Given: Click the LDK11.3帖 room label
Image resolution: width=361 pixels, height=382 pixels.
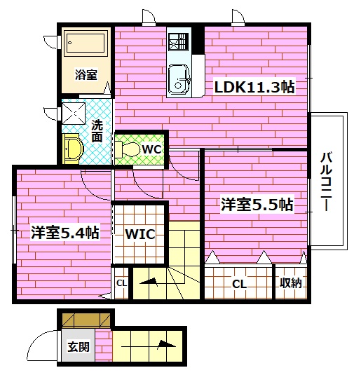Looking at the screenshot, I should click(254, 87).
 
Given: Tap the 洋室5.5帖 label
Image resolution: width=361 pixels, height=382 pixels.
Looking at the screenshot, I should click(257, 205).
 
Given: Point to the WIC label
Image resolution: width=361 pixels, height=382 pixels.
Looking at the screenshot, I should click(139, 233).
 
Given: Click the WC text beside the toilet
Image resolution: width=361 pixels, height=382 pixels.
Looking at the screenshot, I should click(151, 149).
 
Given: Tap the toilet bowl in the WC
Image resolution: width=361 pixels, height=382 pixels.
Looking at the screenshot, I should click(128, 149).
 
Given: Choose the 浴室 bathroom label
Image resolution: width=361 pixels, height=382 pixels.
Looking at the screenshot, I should click(86, 74).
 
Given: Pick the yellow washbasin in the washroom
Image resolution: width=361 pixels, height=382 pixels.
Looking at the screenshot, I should click(73, 149).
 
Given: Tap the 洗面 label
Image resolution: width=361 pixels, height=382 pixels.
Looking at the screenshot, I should click(97, 131).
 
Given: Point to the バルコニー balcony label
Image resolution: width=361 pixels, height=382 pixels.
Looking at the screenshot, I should click(326, 181).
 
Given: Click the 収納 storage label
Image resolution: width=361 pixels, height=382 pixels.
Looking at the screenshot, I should click(291, 283).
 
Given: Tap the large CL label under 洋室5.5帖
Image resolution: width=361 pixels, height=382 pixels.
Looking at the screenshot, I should click(239, 284).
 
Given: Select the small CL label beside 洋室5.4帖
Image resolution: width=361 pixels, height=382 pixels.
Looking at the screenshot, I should click(121, 283).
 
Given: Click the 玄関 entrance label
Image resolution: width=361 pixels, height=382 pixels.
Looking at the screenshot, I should click(77, 346).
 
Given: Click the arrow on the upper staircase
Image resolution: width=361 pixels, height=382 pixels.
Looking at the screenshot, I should click(149, 282).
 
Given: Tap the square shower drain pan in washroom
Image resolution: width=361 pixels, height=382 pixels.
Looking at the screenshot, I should click(75, 113).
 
